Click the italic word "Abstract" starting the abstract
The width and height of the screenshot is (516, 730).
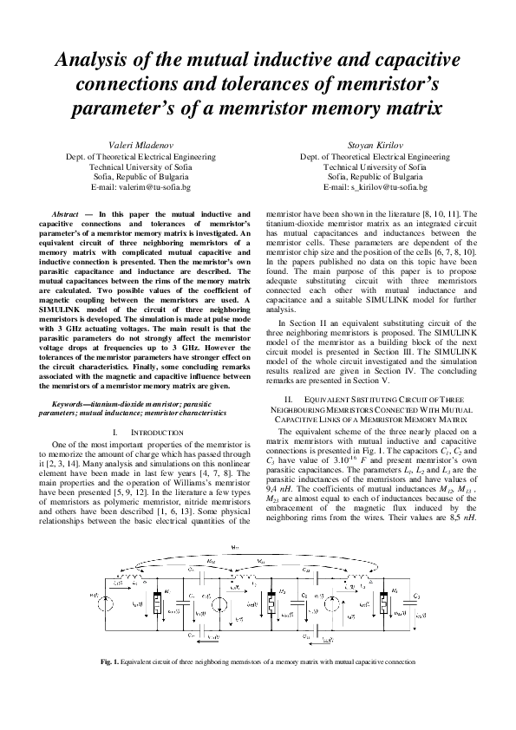[x=66, y=212]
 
